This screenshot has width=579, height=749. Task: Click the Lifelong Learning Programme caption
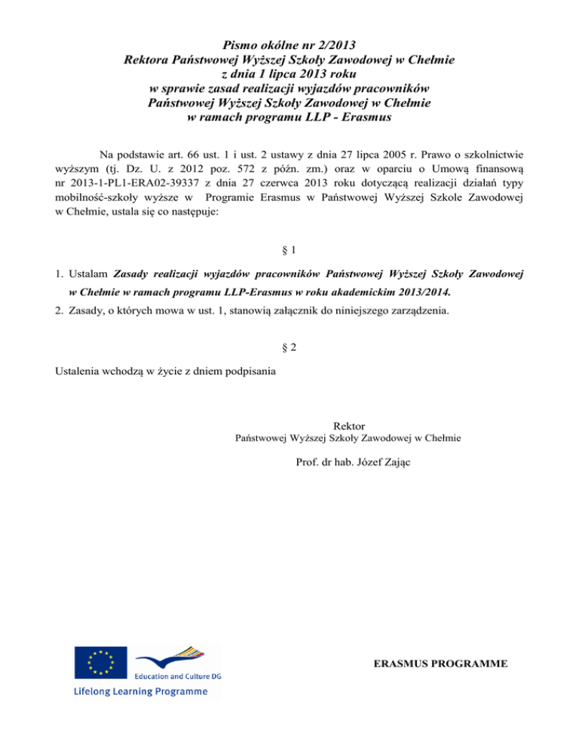pyautogui.click(x=140, y=691)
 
